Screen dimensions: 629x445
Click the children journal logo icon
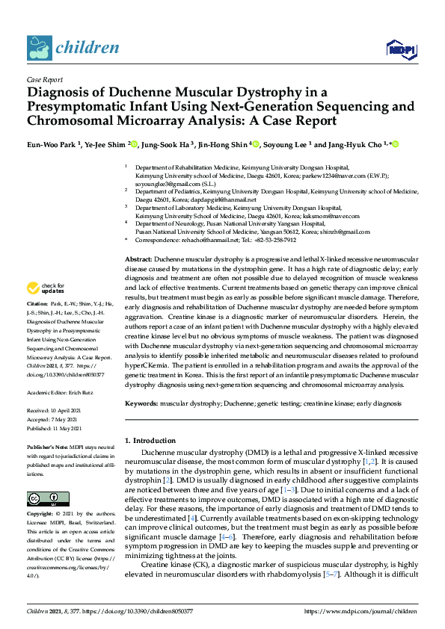click(38, 48)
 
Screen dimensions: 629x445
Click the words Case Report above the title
click(44, 78)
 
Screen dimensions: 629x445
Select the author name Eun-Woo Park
click(52, 144)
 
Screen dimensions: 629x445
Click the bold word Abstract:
click(138, 258)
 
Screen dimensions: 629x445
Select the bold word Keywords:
click(141, 403)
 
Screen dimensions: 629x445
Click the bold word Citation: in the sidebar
click(37, 326)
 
